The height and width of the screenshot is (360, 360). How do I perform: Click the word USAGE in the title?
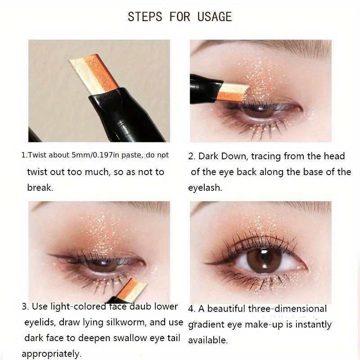pyautogui.click(x=214, y=17)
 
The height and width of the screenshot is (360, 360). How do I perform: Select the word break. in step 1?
pyautogui.click(x=40, y=188)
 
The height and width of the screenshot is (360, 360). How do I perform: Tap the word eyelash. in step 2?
pyautogui.click(x=205, y=188)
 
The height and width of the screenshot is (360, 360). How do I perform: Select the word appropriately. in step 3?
pyautogui.click(x=51, y=354)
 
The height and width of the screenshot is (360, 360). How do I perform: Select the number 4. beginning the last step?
pyautogui.click(x=192, y=309)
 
